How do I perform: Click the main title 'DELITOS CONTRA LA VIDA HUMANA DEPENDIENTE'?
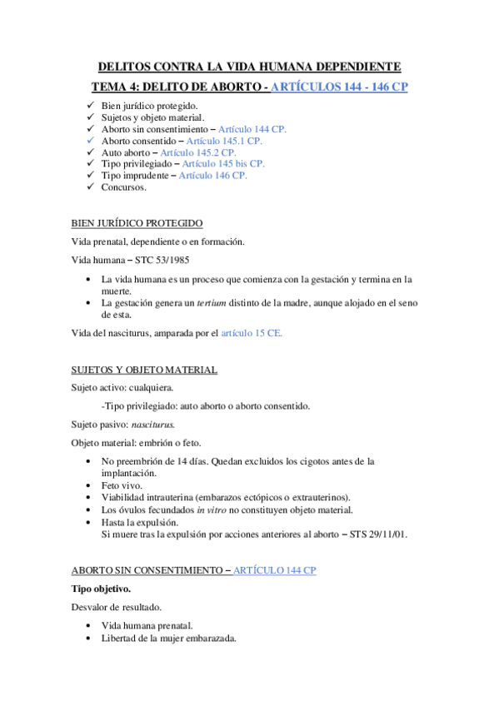(249, 66)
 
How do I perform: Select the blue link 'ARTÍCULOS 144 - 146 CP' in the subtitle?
(340, 87)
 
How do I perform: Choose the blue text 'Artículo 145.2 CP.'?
(198, 152)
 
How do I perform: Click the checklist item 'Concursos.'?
(123, 187)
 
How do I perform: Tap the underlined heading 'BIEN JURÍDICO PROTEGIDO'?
(136, 223)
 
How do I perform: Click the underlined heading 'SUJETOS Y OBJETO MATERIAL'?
(144, 370)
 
